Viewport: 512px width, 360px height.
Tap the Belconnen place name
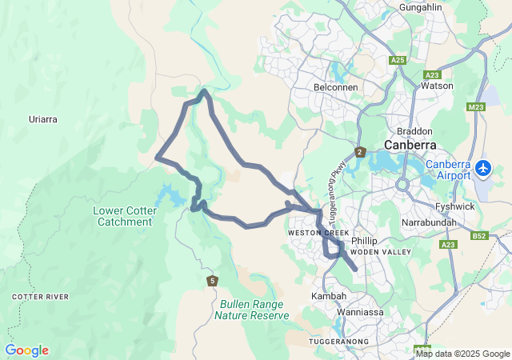point(336,86)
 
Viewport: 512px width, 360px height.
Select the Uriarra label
point(43,119)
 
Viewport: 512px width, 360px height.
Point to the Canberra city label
point(410,145)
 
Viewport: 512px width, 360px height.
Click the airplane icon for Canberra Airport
point(483,168)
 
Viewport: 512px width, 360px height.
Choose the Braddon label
point(414,130)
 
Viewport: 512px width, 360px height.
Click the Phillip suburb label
point(363,240)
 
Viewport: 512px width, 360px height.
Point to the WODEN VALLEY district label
point(382,252)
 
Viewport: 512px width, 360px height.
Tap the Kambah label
point(328,296)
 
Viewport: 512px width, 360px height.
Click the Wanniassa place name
point(361,311)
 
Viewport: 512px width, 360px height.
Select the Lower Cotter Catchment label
point(125,216)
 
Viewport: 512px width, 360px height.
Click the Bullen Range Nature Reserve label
point(251,310)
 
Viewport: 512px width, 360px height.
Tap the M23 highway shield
point(477,106)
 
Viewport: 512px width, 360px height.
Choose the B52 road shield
point(480,236)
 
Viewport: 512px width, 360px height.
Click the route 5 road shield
point(212,280)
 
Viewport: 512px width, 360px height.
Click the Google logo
point(26,350)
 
